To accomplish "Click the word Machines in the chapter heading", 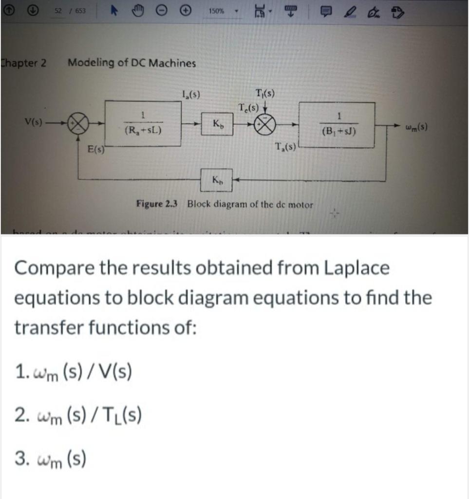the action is click(x=173, y=63).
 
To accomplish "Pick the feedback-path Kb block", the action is click(x=216, y=181).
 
